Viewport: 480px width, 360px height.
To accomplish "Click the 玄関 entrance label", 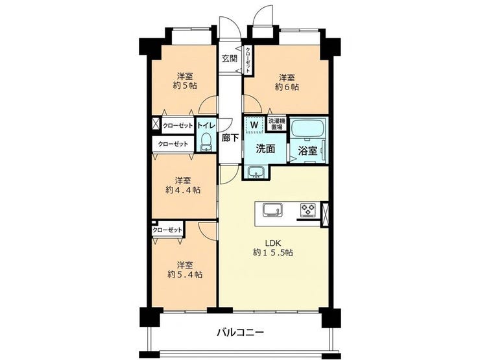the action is pyautogui.click(x=230, y=58).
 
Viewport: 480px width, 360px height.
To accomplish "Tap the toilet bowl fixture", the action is pyautogui.click(x=206, y=142).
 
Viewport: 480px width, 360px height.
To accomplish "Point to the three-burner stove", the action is pyautogui.click(x=308, y=210).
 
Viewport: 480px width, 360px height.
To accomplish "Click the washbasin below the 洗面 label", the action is pyautogui.click(x=256, y=172).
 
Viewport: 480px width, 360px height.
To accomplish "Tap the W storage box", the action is pyautogui.click(x=254, y=125).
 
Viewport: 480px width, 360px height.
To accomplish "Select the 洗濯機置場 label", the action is pyautogui.click(x=277, y=123).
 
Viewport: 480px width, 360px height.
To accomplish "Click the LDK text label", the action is pyautogui.click(x=273, y=243).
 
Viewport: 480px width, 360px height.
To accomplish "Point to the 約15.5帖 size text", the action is pyautogui.click(x=273, y=252).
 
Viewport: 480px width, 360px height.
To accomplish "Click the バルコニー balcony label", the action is pyautogui.click(x=240, y=332).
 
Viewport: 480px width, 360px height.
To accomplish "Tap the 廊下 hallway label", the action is pyautogui.click(x=230, y=138).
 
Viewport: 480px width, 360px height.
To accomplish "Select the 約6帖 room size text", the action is pyautogui.click(x=287, y=87).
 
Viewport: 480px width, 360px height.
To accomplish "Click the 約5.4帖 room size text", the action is pyautogui.click(x=185, y=274).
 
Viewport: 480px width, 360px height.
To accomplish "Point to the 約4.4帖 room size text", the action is pyautogui.click(x=183, y=190).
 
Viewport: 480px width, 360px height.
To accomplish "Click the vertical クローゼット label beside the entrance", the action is pyautogui.click(x=248, y=60).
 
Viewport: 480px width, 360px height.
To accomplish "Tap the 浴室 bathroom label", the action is pyautogui.click(x=307, y=151).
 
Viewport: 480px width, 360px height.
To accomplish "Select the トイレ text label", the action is pyautogui.click(x=206, y=125).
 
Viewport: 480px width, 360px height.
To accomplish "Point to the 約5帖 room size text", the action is pyautogui.click(x=185, y=86).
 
